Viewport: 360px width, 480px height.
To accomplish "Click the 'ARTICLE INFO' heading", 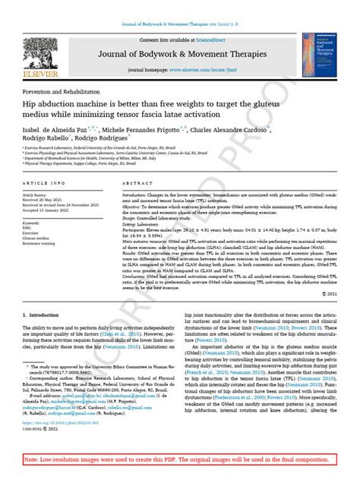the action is point(44,184).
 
